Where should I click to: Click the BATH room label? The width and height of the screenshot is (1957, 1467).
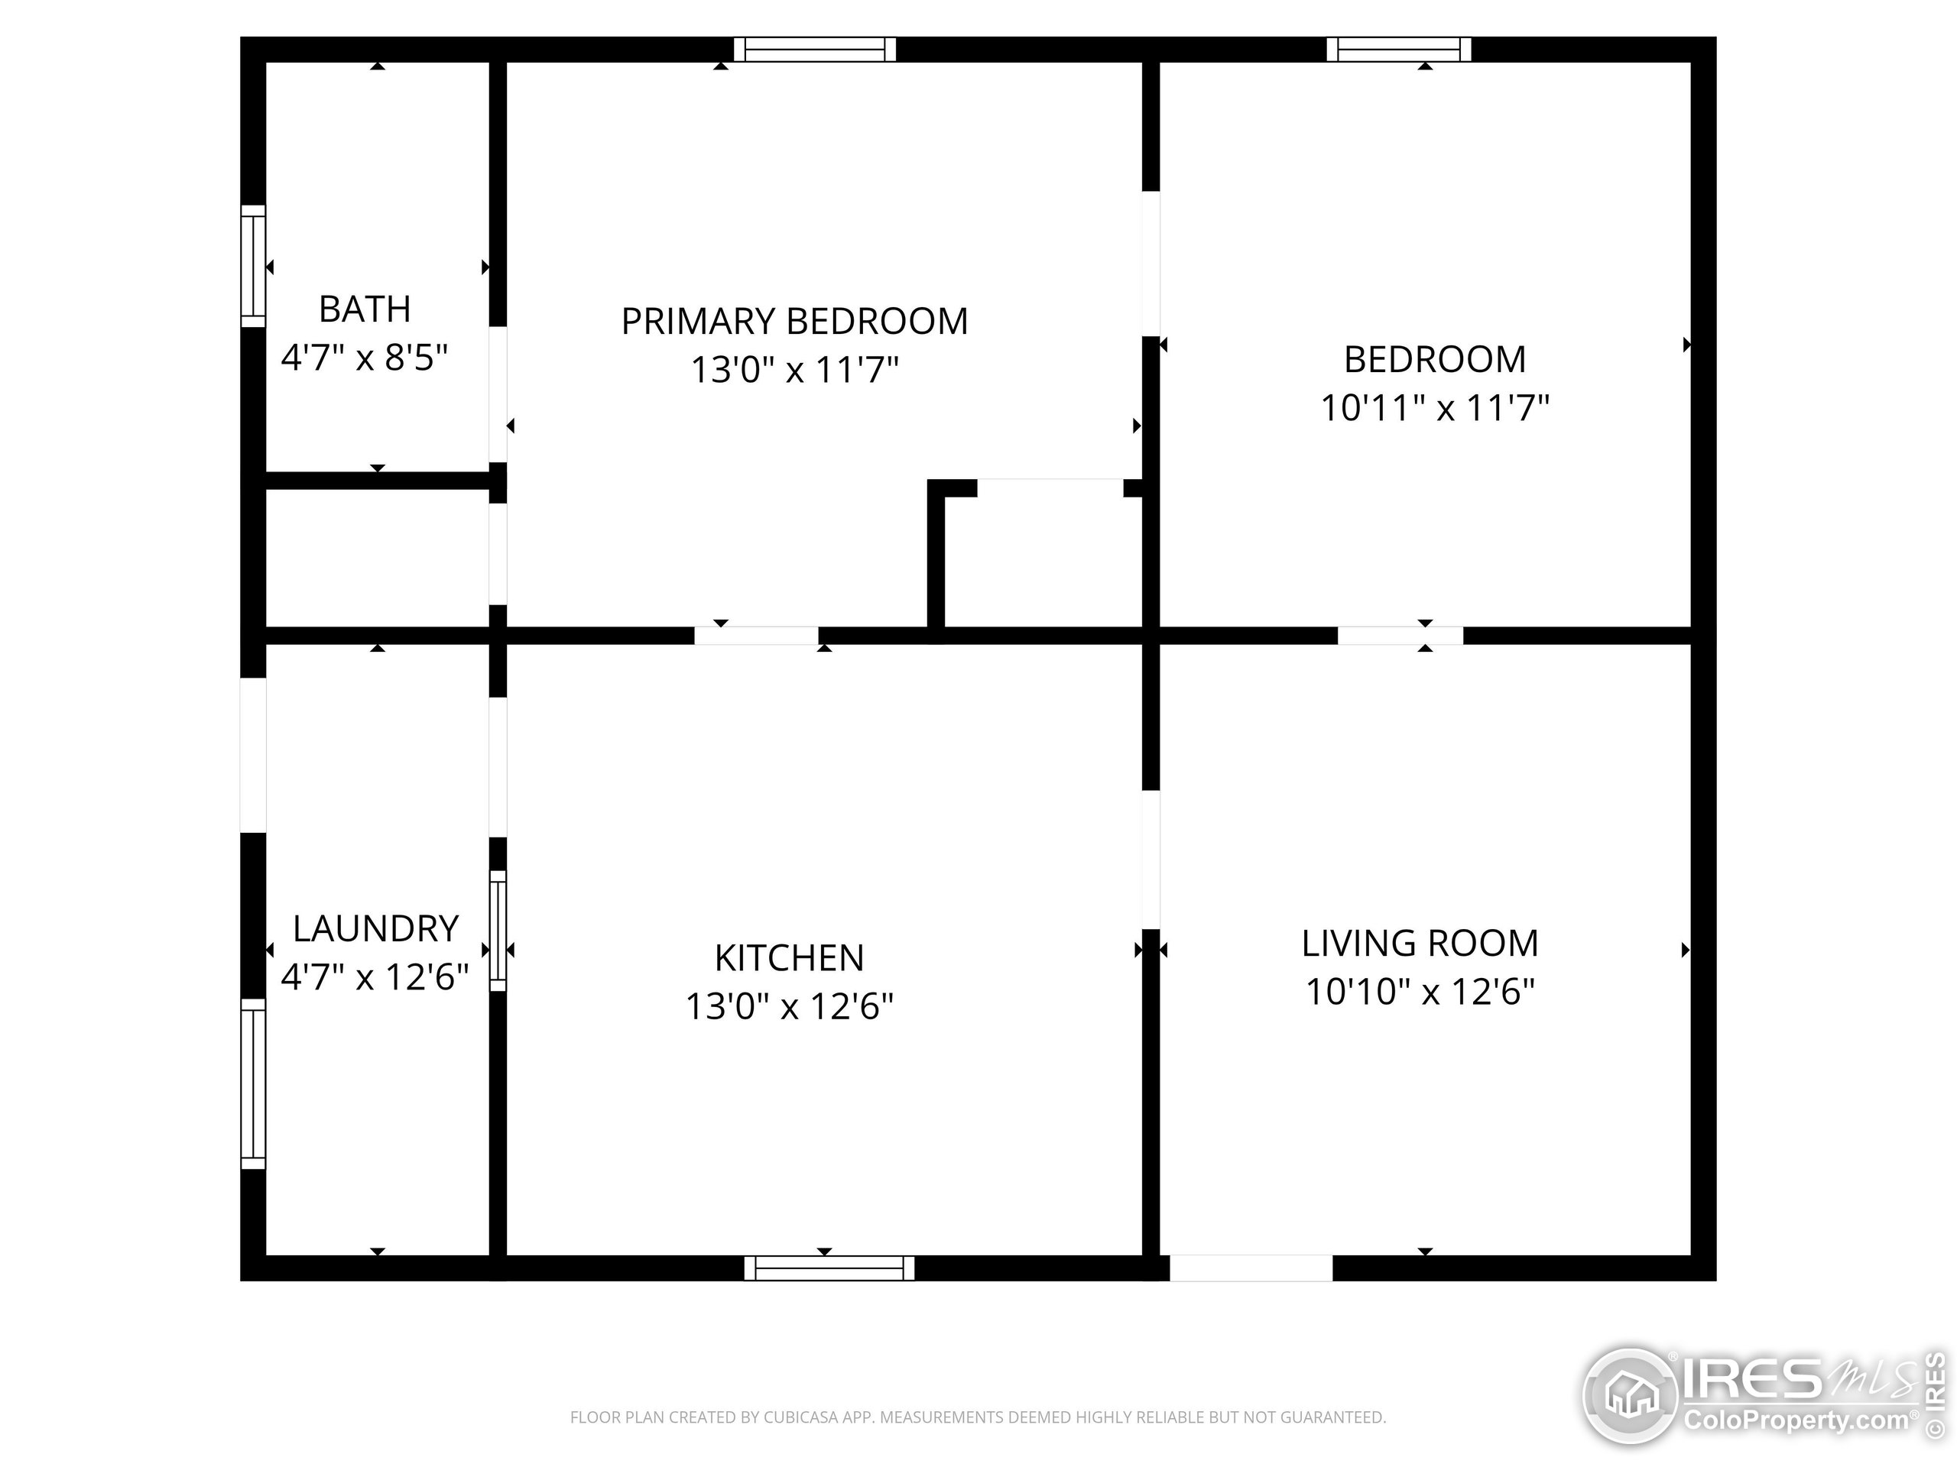point(365,309)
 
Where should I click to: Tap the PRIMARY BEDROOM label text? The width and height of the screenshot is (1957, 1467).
point(794,321)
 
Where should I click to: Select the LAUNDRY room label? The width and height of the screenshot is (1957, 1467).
point(375,928)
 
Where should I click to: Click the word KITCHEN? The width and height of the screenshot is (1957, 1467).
point(789,957)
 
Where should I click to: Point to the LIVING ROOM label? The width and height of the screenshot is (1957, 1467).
point(1420,944)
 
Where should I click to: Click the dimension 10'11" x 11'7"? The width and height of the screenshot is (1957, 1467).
point(1435,409)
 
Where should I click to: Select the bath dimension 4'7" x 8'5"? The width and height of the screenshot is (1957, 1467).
point(365,358)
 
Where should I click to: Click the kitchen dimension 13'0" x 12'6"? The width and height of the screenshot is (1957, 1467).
point(789,1006)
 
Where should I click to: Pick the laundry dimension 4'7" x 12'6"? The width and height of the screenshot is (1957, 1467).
point(375,977)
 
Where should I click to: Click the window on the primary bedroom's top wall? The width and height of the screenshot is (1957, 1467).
point(815,50)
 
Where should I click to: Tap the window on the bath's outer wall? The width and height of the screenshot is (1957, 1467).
point(253,266)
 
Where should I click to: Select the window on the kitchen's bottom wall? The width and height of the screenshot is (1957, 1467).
point(829,1268)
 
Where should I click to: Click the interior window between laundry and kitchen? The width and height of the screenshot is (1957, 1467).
point(498,931)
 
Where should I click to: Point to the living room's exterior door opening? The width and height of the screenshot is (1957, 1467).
point(1251,1268)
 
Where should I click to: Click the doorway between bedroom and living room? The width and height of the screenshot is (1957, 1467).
point(1400,636)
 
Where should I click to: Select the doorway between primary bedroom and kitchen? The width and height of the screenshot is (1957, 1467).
point(757,636)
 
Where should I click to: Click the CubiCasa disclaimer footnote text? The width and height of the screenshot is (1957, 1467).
point(978,1417)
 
